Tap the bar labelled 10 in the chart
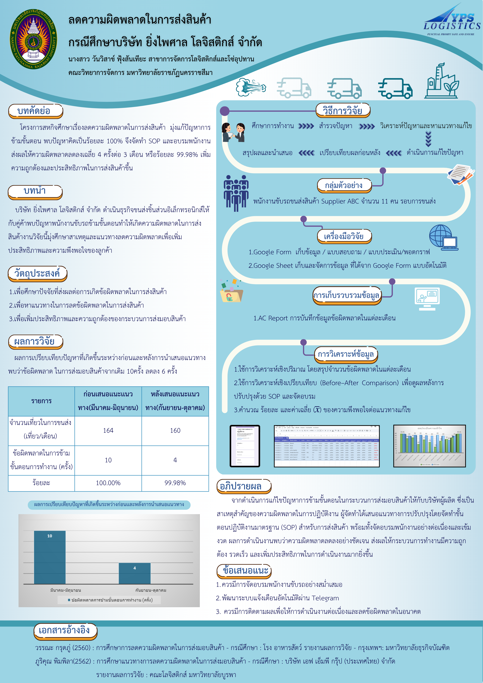point(50,557)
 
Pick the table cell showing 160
point(175,430)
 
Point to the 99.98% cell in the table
point(175,483)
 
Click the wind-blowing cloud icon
point(250,87)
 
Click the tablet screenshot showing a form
point(245,446)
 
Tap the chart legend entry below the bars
point(110,600)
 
